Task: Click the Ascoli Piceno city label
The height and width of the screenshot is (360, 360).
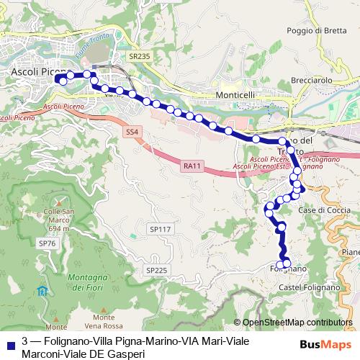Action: coord(35,72)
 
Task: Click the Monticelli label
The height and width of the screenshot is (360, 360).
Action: coord(237,94)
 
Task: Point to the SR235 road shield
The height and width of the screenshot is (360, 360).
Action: coord(139,55)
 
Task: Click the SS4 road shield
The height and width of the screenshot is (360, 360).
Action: coord(130,132)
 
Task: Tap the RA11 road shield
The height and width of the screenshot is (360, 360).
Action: coord(191,166)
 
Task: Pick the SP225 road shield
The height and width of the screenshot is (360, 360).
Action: coord(156,270)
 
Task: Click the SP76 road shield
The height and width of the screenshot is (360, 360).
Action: coord(47,244)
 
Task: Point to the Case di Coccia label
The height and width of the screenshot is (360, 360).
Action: coord(319,210)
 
